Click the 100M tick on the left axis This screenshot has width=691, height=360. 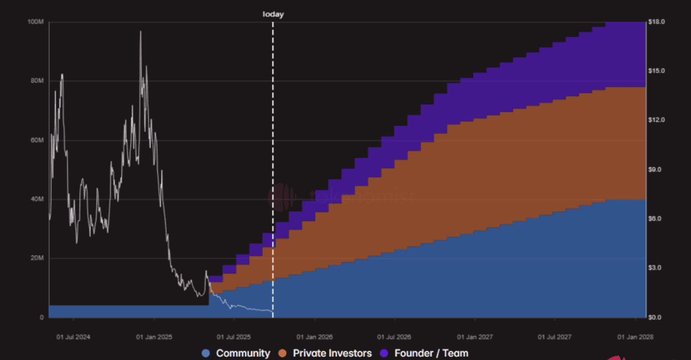[36, 22]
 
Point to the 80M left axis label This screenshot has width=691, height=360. [37, 81]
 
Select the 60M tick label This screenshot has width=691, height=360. [37, 140]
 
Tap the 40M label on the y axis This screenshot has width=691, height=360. [37, 199]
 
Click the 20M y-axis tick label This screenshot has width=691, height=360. [37, 259]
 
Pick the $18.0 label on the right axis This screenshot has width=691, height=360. [656, 22]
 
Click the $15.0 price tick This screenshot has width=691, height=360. [656, 71]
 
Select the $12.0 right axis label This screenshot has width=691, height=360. [656, 120]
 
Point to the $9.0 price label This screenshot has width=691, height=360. [655, 169]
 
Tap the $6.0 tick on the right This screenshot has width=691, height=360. [655, 219]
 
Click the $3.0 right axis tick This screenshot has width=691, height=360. [655, 268]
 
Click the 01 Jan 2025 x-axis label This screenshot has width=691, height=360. [154, 337]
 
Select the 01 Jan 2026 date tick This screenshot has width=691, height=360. [314, 337]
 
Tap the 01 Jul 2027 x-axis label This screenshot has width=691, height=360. [555, 337]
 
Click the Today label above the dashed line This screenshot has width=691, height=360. [273, 14]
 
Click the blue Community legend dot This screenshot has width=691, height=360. [207, 353]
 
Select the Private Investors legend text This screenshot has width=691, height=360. [332, 353]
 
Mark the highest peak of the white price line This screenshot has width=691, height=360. [140, 32]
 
